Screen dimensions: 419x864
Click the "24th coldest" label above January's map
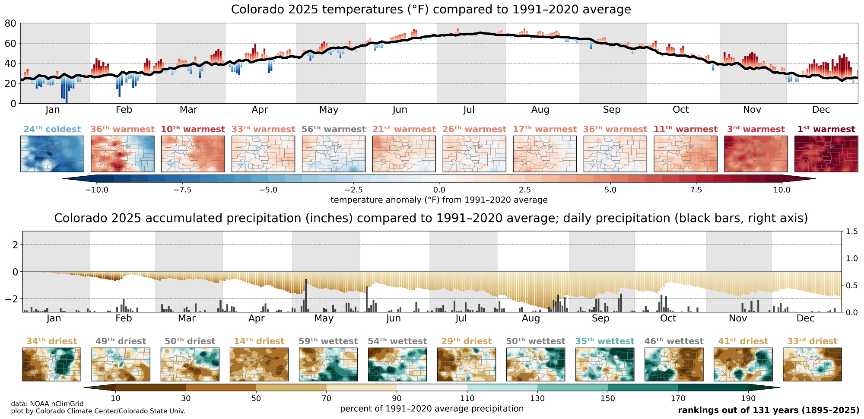(52, 129)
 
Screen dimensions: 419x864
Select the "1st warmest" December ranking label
(826, 129)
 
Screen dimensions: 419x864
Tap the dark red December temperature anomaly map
(826, 154)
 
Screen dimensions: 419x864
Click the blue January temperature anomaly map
(52, 154)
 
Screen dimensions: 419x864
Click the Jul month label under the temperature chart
(469, 110)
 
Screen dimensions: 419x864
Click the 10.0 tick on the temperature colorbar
(781, 190)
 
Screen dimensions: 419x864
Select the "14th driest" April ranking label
(259, 341)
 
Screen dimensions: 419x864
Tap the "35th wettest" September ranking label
(604, 341)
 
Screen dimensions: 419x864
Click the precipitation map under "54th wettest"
(397, 365)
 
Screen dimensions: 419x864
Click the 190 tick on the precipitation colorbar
(748, 398)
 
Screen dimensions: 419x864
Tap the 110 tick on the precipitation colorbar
(467, 398)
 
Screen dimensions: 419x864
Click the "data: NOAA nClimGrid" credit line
(48, 404)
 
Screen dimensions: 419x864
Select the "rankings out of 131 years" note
(768, 410)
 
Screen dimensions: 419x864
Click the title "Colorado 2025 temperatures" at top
(431, 10)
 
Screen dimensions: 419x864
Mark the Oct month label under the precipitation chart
(668, 319)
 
